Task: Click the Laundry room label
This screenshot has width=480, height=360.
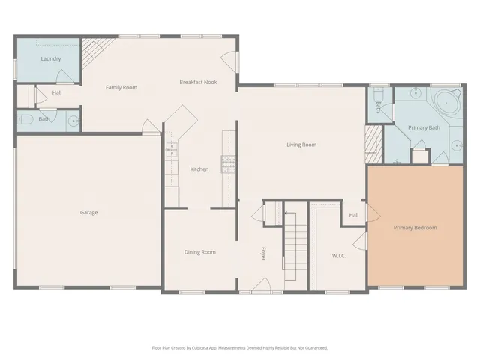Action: point(51,58)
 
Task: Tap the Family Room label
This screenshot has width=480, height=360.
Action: point(121,88)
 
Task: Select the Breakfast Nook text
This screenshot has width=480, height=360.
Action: point(198,82)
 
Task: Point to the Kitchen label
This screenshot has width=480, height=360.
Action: point(199,169)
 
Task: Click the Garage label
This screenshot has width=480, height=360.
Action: point(88,212)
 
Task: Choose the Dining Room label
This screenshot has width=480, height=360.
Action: point(199,252)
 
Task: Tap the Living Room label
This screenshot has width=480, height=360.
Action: point(301,145)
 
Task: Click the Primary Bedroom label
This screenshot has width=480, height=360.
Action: point(415,228)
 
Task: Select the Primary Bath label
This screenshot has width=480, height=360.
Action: point(424,128)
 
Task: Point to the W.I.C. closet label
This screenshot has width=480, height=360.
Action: point(339,256)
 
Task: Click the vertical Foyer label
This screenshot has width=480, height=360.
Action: point(263,253)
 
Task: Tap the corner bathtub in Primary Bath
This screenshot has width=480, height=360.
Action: point(447,101)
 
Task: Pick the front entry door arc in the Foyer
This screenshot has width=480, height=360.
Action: point(261,284)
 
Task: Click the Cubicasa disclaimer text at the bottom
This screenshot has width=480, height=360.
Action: point(239,348)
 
